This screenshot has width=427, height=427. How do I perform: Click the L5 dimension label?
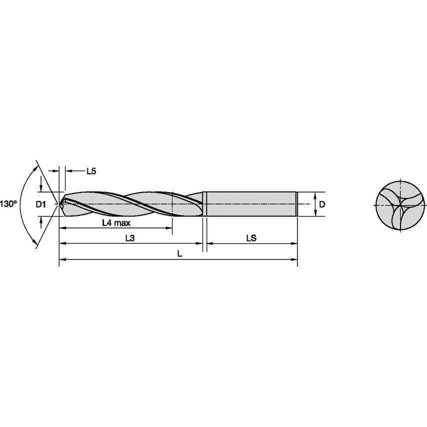[x=90, y=171]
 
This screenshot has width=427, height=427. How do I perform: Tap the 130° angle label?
[x=8, y=204]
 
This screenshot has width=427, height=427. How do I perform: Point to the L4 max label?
[x=116, y=223]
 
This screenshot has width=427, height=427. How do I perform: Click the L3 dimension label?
[x=129, y=238]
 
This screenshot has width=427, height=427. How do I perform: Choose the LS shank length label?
[x=251, y=238]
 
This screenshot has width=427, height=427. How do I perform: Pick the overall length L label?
[x=179, y=254]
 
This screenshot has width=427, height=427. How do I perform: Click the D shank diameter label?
[x=322, y=204]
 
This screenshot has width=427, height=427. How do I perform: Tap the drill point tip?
[x=59, y=204]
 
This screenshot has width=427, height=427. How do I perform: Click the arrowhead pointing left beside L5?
[x=67, y=171]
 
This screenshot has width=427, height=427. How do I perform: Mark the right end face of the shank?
[x=297, y=204]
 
